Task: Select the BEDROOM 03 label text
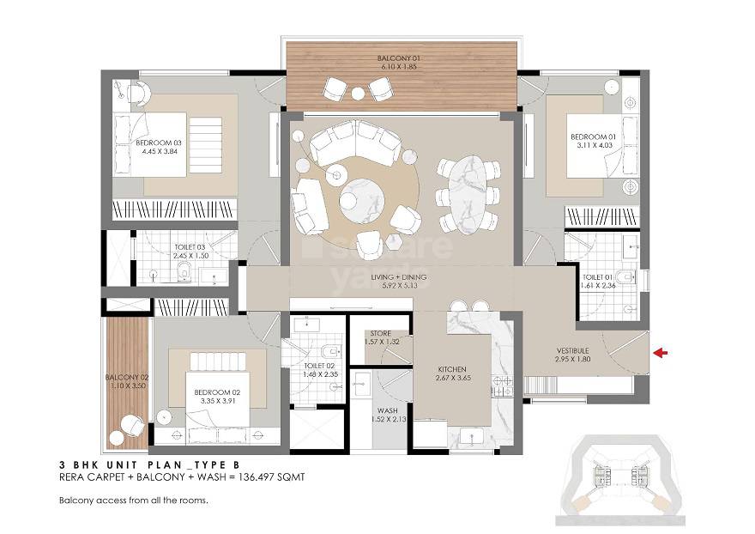[x=159, y=143]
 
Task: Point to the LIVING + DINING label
[x=405, y=277]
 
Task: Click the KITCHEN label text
[x=451, y=370]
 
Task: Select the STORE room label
[x=380, y=333]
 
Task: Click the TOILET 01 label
[x=598, y=277]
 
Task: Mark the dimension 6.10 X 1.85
[x=402, y=67]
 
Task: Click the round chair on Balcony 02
[x=131, y=424]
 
